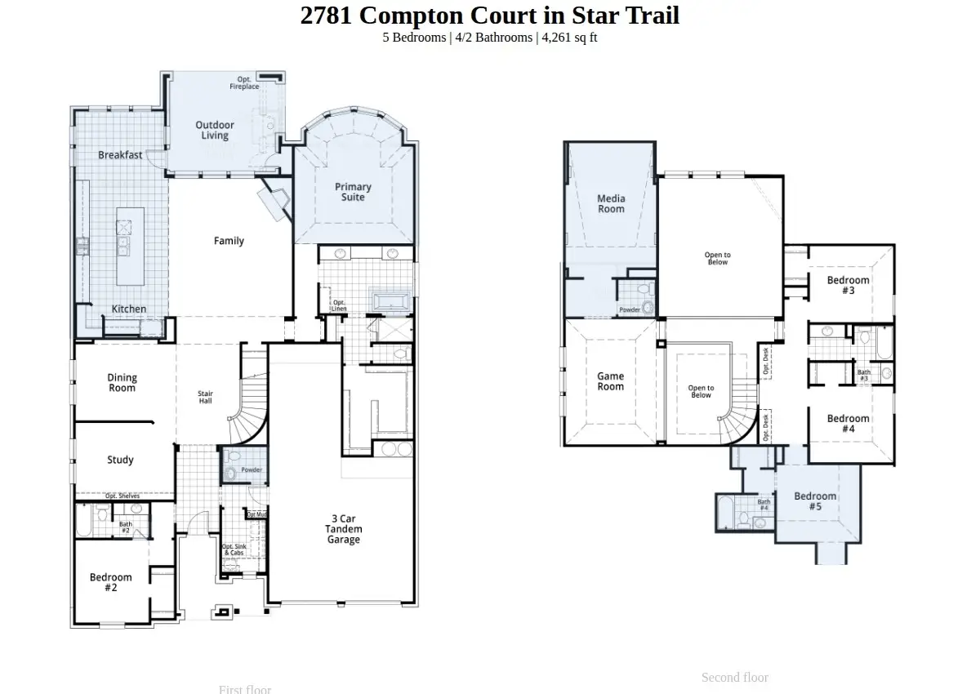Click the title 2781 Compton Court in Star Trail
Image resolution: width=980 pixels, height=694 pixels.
[489, 16]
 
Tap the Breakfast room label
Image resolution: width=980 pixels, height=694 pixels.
[120, 155]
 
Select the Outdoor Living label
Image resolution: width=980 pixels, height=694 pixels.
[215, 131]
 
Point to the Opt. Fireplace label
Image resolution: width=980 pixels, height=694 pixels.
[244, 82]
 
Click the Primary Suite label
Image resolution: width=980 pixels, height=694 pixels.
[353, 192]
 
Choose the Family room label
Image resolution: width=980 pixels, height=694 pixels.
[229, 241]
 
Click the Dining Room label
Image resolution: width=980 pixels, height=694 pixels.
[122, 383]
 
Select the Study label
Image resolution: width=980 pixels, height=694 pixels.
[120, 460]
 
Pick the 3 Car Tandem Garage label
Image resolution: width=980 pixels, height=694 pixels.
[343, 529]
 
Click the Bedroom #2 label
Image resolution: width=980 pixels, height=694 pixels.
[111, 582]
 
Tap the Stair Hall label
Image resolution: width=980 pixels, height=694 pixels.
[206, 398]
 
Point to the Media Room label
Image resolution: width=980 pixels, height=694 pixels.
[611, 203]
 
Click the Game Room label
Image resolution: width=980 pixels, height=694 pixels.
[610, 381]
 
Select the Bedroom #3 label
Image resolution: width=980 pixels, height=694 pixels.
[848, 285]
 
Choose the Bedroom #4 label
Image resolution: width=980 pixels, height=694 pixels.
[848, 424]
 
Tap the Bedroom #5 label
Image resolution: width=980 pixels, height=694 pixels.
[815, 501]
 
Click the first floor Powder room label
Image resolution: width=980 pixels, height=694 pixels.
[252, 470]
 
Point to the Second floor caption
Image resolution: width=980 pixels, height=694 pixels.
[734, 677]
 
